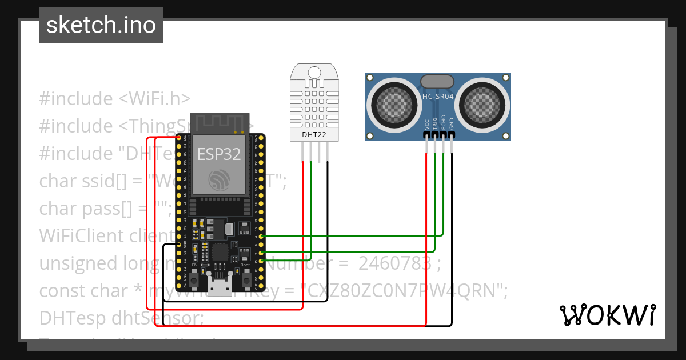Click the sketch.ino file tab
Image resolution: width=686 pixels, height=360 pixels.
click(x=101, y=25)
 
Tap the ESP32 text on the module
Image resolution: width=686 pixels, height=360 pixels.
click(x=219, y=154)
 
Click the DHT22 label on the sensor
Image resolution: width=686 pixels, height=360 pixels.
click(x=314, y=135)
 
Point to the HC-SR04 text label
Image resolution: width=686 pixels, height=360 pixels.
click(x=438, y=97)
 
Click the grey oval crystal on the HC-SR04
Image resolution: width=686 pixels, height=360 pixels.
click(x=438, y=82)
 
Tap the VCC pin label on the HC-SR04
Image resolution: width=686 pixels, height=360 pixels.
click(x=427, y=125)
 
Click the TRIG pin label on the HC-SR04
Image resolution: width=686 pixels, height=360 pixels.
click(x=435, y=124)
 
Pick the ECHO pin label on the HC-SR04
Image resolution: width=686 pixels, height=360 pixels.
click(x=444, y=124)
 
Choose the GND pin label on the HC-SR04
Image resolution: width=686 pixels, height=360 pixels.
click(x=452, y=125)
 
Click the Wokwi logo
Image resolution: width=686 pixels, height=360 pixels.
click(x=607, y=315)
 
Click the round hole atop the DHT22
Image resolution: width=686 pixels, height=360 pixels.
click(x=314, y=72)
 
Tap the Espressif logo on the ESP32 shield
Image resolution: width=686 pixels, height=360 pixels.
click(x=220, y=181)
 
